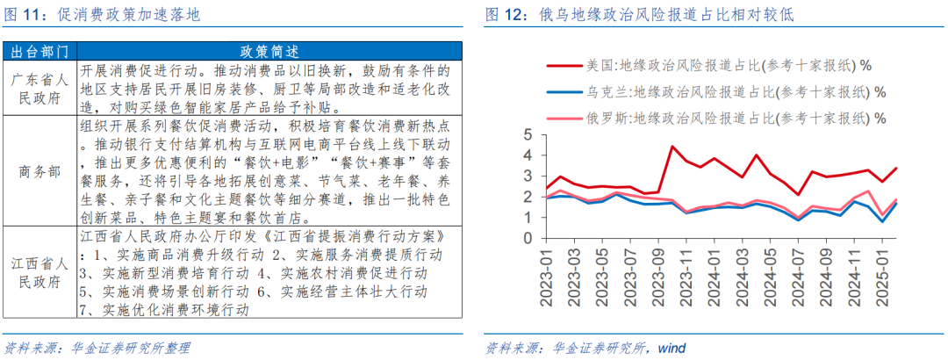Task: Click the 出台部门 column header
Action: click(39, 51)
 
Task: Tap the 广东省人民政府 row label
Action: click(39, 89)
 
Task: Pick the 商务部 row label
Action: click(39, 172)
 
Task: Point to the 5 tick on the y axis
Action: click(528, 134)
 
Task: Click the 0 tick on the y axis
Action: click(528, 238)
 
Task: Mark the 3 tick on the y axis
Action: click(528, 176)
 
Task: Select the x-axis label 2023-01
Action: click(546, 276)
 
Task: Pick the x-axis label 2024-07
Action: click(797, 276)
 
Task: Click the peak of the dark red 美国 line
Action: click(672, 146)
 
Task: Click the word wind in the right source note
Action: click(671, 348)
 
